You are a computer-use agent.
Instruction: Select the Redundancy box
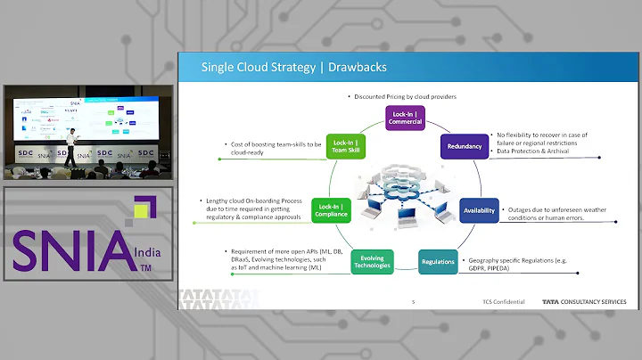pyautogui.click(x=464, y=146)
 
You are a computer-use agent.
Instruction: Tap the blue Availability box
pyautogui.click(x=479, y=211)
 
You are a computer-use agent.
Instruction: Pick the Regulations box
pyautogui.click(x=439, y=262)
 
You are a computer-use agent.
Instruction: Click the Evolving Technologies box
pyautogui.click(x=372, y=262)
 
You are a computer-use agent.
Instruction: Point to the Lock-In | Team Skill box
pyautogui.click(x=346, y=146)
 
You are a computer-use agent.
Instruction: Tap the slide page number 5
pyautogui.click(x=413, y=302)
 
